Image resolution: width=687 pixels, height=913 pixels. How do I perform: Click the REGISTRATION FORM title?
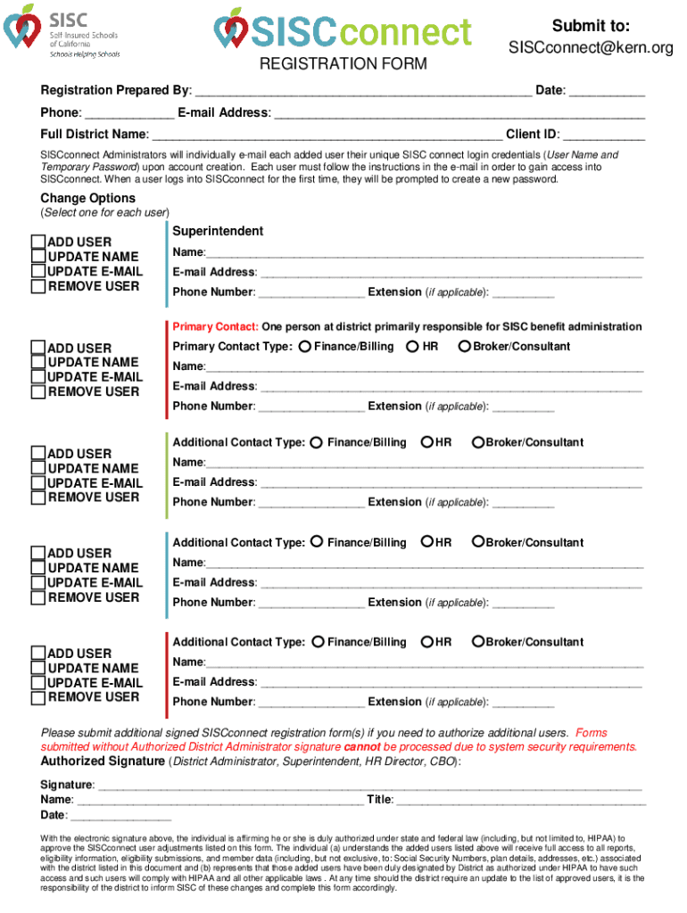pyautogui.click(x=343, y=64)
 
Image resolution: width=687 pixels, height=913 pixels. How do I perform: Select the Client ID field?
pyautogui.click(x=602, y=136)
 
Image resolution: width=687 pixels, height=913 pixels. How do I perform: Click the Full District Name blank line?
pyautogui.click(x=327, y=136)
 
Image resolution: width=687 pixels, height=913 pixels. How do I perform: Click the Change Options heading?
pyautogui.click(x=88, y=198)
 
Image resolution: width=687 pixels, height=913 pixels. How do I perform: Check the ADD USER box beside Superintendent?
pyautogui.click(x=37, y=242)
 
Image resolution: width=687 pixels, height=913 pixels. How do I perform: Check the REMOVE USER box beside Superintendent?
pyautogui.click(x=37, y=286)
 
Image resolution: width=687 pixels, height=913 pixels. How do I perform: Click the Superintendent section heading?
pyautogui.click(x=218, y=231)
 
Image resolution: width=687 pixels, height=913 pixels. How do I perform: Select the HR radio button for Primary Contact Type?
pyautogui.click(x=412, y=346)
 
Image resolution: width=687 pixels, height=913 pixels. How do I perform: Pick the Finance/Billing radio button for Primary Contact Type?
pyautogui.click(x=305, y=346)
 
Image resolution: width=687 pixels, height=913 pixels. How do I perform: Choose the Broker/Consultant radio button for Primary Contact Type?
pyautogui.click(x=464, y=346)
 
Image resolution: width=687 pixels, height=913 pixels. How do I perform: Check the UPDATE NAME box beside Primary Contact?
pyautogui.click(x=37, y=362)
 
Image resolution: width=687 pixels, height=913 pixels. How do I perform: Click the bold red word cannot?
pyautogui.click(x=362, y=747)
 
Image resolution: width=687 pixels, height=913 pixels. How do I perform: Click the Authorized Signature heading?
pyautogui.click(x=103, y=761)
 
